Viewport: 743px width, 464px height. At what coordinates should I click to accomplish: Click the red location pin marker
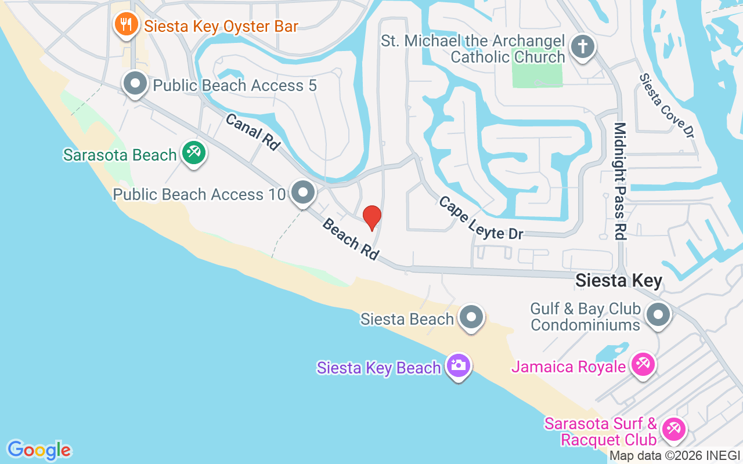coord(371,217)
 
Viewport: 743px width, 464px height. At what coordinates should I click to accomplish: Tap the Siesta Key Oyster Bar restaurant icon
coord(125,25)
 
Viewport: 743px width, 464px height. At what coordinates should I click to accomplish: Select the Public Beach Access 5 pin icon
coord(135,84)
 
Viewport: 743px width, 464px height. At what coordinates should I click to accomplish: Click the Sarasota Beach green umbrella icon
coord(193,154)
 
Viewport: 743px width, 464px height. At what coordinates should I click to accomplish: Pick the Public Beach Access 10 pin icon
coord(302,193)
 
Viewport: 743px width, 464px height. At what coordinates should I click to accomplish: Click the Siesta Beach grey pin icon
coord(471,318)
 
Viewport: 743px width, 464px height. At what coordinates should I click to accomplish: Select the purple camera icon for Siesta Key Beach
coord(459,365)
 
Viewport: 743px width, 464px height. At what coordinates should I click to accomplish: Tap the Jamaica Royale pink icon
coord(643,365)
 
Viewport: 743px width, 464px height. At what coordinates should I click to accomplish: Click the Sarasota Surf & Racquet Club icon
coord(673,430)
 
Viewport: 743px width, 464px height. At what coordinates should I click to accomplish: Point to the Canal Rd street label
coord(253,132)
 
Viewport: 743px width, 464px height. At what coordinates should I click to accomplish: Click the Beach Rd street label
coord(351,239)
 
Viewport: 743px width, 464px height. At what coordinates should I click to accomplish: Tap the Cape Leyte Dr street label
coord(481,217)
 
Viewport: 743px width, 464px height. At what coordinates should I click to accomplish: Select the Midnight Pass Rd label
coord(620,181)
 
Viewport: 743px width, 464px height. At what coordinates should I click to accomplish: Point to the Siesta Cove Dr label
coord(667,105)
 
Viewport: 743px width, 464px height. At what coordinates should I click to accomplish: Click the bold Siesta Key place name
coord(618,281)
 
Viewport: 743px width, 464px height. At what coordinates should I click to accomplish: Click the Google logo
coord(39,449)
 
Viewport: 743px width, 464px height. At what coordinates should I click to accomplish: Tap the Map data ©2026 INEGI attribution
coord(675,455)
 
